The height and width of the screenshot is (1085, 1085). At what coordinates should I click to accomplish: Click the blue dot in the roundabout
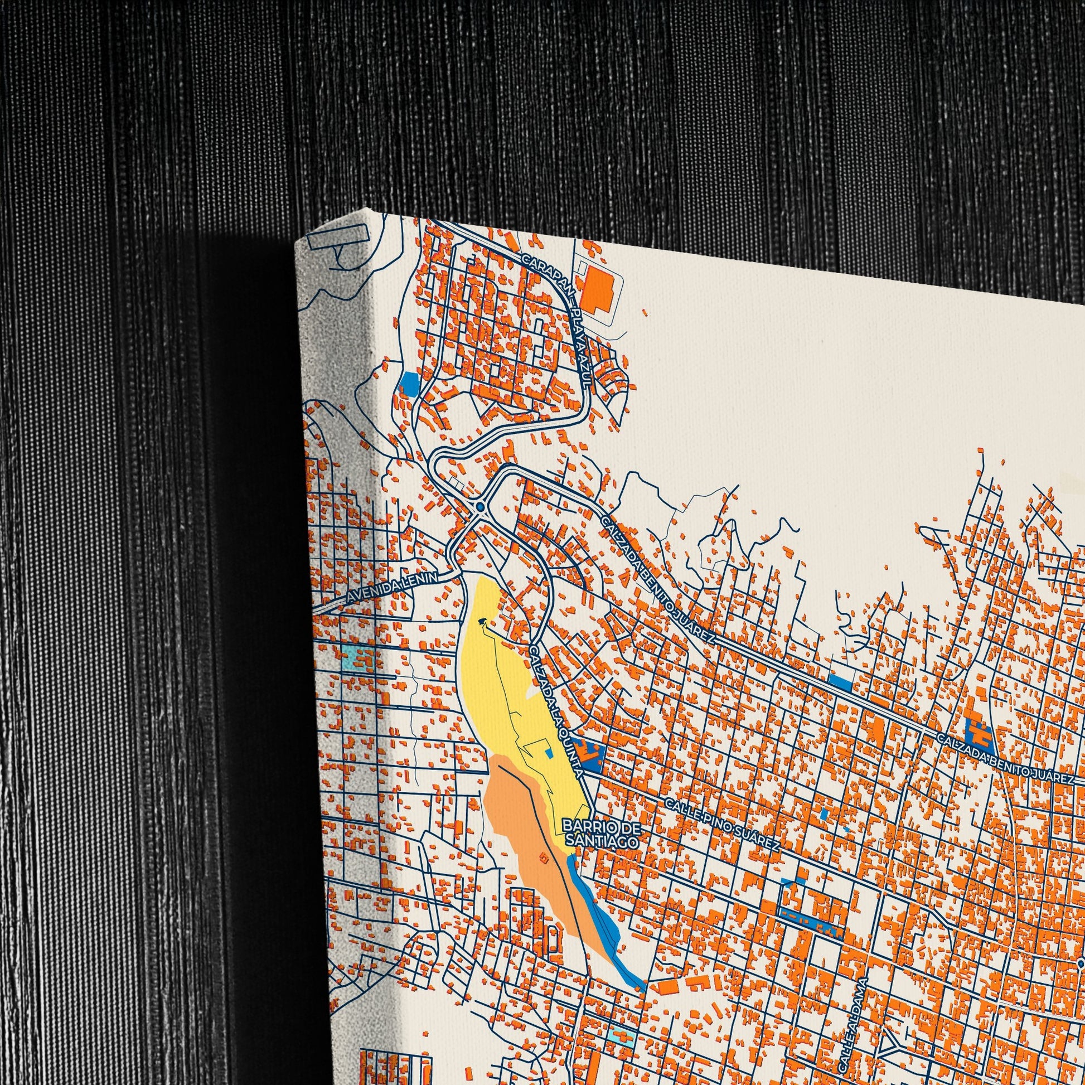pyautogui.click(x=479, y=507)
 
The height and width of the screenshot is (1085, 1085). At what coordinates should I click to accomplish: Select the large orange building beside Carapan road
pyautogui.click(x=597, y=291)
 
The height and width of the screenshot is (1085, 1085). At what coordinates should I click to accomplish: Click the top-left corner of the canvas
pyautogui.click(x=296, y=241)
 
